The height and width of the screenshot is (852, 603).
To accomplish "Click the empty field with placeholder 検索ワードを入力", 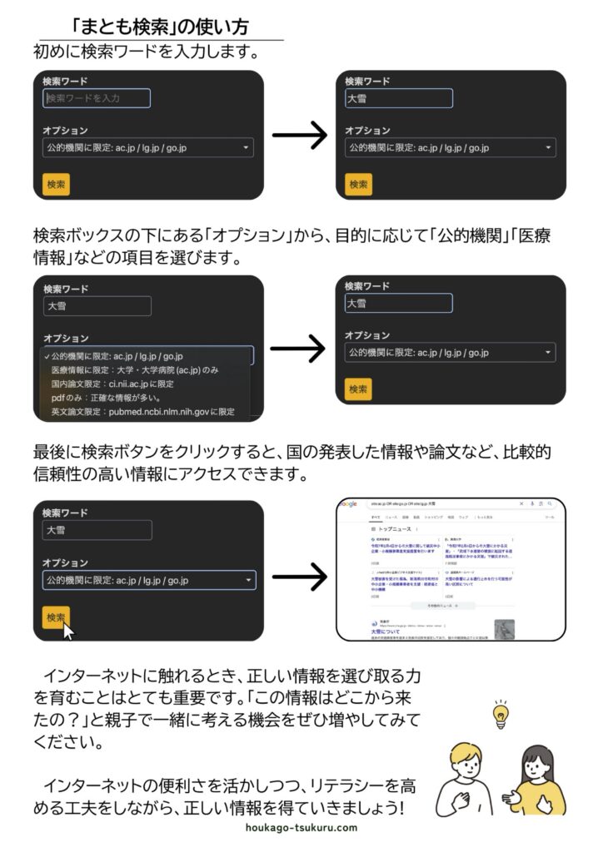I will point(97,98).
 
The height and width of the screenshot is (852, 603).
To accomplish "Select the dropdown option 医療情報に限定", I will point(134,370).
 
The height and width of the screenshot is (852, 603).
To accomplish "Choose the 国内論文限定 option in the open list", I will point(112,384).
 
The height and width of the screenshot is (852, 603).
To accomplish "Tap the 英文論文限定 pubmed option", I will point(142,412).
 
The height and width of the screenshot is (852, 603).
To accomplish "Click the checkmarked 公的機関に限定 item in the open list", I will point(117,356).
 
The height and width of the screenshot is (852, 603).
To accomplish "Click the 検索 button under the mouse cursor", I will point(56,617).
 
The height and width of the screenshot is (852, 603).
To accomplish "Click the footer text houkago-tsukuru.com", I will point(301,828).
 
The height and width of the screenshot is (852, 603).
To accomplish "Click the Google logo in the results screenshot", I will point(348,504).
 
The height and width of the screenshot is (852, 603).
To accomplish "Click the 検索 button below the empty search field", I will point(56,184).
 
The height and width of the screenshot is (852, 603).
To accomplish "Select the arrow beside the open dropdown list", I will point(299,350).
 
